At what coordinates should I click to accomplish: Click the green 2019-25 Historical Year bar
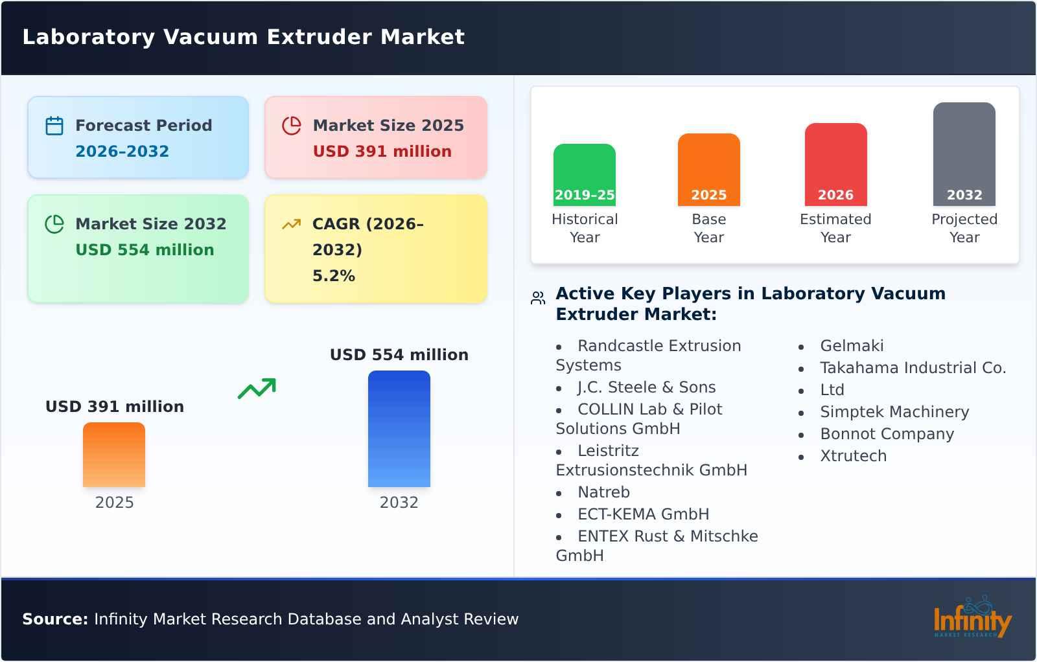pos(584,174)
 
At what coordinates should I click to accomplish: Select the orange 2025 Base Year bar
pos(708,169)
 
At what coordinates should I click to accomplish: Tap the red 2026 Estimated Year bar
pos(835,164)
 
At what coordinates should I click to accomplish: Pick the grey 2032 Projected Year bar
pos(964,154)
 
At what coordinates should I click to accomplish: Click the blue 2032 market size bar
pos(399,428)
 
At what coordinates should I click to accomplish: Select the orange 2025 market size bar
pos(114,454)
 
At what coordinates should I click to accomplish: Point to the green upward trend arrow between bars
pos(257,389)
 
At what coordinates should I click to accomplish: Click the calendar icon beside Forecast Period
pos(54,126)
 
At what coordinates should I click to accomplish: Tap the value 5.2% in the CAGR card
pos(333,276)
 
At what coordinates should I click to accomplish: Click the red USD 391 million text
pos(382,152)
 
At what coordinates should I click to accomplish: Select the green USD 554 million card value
pos(145,250)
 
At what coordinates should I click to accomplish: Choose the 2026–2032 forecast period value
pos(122,152)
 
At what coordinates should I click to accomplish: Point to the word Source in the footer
pos(54,619)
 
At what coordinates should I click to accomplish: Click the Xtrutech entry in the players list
pos(853,456)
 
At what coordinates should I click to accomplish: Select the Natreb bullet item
pos(603,492)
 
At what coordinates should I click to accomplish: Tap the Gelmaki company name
pos(852,346)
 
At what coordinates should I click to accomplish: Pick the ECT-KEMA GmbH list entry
pos(643,514)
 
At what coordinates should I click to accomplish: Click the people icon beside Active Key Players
pos(538,298)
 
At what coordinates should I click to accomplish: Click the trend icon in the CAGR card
pos(291,224)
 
